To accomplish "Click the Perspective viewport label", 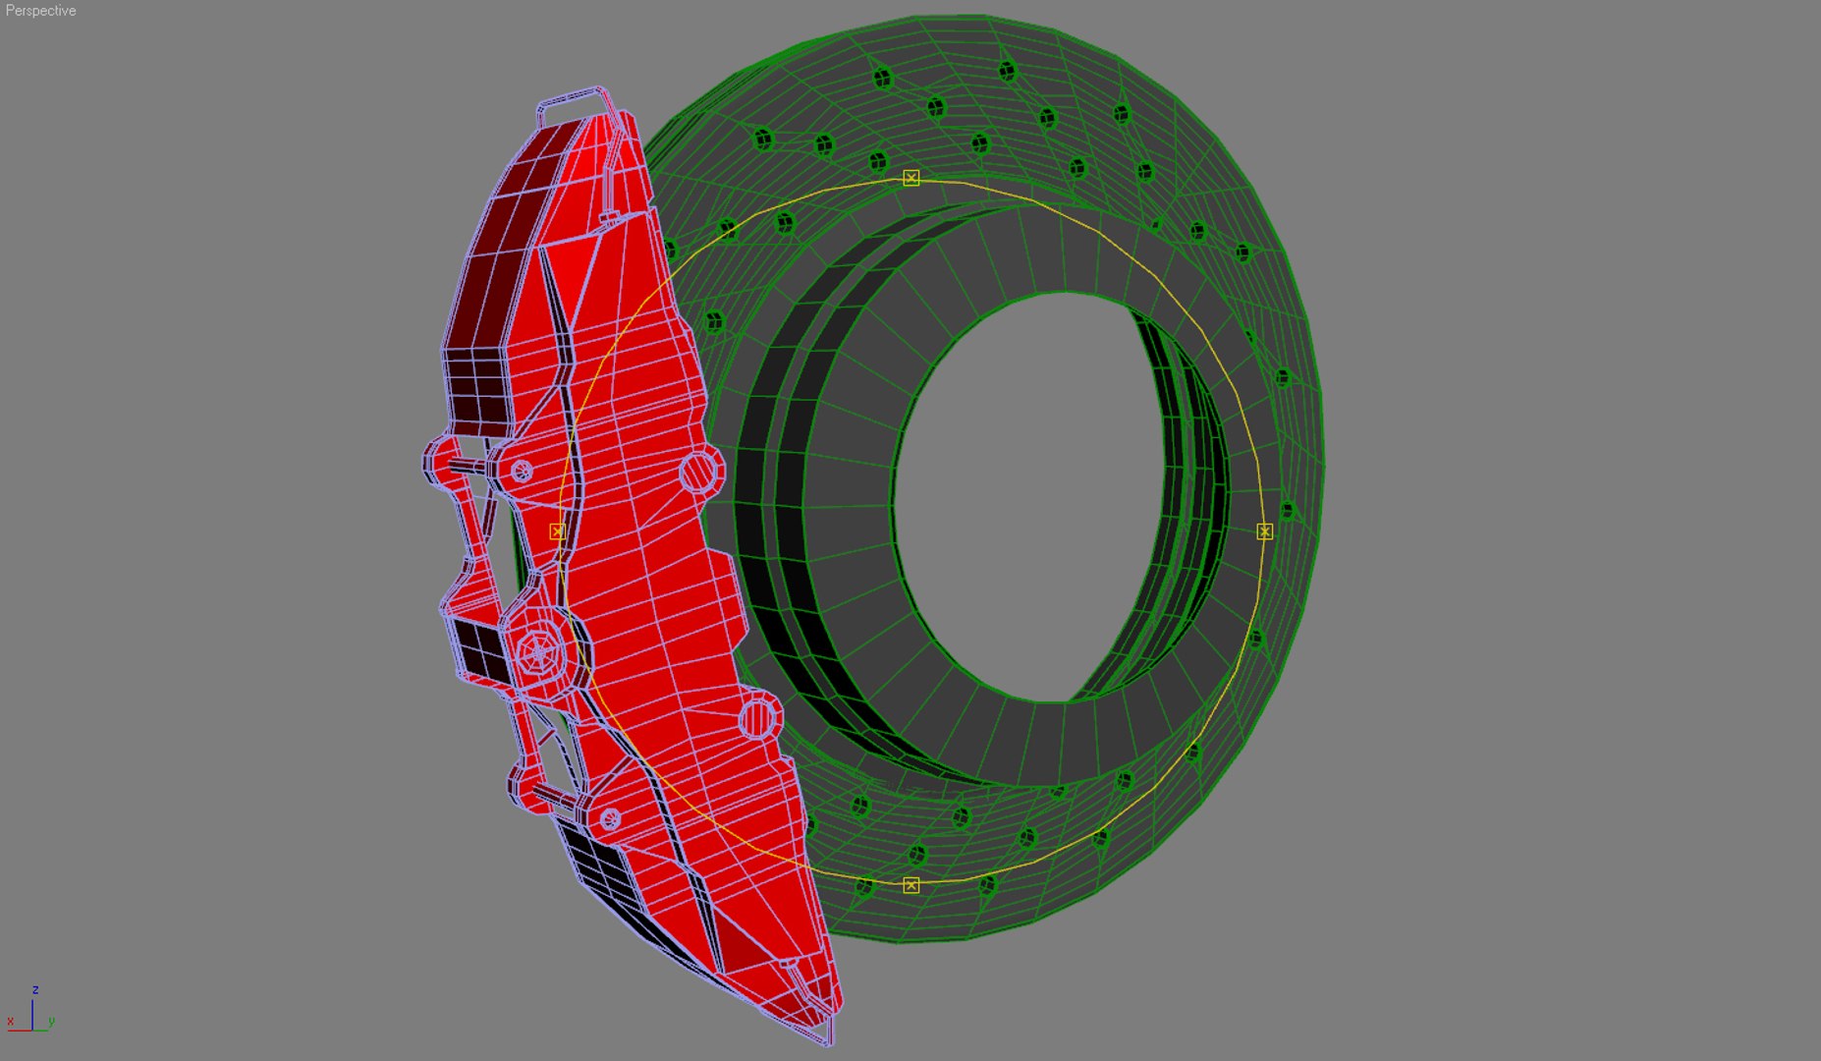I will point(40,11).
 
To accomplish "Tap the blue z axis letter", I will point(35,989).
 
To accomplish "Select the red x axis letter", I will point(10,1022).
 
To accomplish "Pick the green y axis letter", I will point(51,1022).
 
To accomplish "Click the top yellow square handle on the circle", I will point(911,178).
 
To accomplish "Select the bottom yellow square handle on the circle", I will point(911,885).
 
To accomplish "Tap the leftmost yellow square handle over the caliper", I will point(557,531).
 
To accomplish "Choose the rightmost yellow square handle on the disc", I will point(1265,531).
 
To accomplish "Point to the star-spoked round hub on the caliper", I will point(538,650).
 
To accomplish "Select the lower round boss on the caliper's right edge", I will point(757,718).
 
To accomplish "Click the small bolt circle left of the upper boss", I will point(522,472).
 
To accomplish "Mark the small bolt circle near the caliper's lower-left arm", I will point(610,818).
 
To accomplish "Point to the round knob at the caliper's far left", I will point(439,461).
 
